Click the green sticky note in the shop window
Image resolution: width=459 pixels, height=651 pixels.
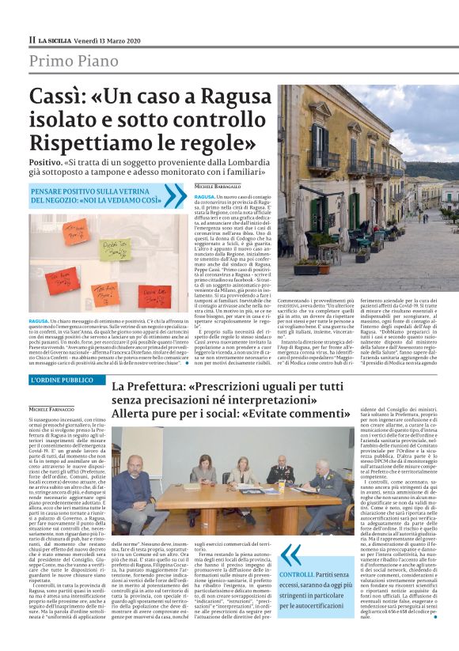116,252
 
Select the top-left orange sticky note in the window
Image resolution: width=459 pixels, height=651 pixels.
76,230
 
